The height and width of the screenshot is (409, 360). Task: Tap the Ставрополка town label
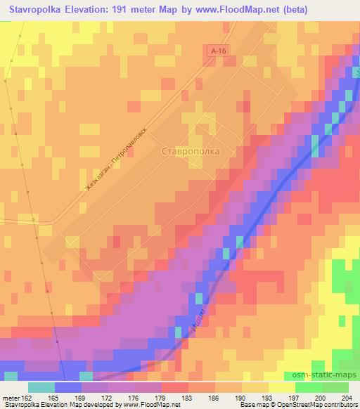191,150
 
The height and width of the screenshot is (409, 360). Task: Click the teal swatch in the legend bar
41,387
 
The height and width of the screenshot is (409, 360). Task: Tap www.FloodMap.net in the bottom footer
148,405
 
